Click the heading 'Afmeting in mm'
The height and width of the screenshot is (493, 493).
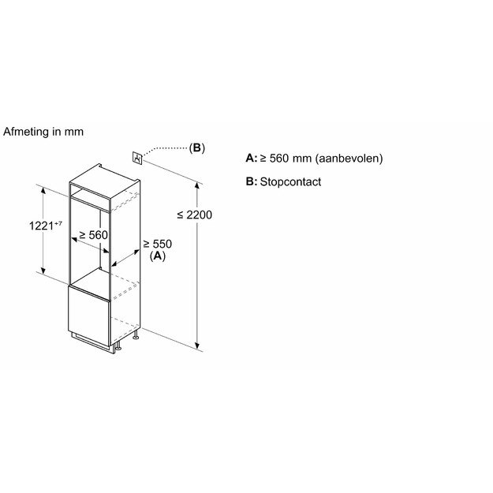(x=43, y=132)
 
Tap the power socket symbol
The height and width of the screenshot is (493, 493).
(x=137, y=158)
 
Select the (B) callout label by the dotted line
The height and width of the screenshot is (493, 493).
(x=197, y=148)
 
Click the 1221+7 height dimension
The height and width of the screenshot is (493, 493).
(x=45, y=226)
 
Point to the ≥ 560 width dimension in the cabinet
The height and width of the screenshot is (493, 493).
(x=93, y=235)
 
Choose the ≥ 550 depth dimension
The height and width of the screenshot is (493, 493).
(x=158, y=244)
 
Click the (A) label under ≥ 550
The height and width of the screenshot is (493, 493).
(x=158, y=256)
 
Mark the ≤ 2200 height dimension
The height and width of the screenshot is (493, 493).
(x=194, y=215)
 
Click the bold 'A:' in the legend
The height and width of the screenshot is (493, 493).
(x=252, y=158)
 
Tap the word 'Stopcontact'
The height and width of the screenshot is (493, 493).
(x=290, y=181)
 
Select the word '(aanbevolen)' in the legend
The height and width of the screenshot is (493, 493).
(x=349, y=158)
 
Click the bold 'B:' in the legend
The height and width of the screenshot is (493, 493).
(x=252, y=181)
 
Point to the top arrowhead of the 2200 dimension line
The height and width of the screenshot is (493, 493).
(x=197, y=185)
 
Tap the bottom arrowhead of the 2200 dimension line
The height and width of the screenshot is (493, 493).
(x=197, y=346)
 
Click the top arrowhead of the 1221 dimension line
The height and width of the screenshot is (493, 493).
(x=43, y=190)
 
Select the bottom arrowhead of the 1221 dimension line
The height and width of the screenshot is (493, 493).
(x=43, y=270)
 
